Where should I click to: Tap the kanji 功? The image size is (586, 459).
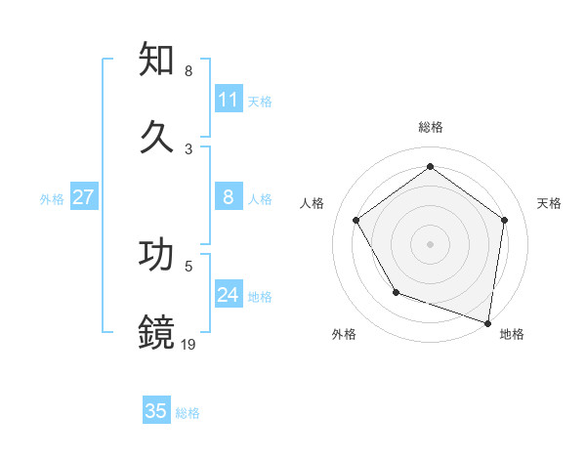[x=157, y=255]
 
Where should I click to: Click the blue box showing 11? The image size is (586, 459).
[x=229, y=100]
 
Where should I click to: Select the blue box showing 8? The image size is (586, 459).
[x=229, y=197]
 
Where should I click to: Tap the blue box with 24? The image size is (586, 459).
[x=229, y=295]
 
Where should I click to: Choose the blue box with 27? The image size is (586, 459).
[x=84, y=197]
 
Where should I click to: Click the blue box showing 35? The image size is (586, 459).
[x=156, y=411]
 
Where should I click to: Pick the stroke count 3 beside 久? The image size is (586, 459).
[x=188, y=148]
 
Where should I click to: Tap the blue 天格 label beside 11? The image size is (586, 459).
[x=260, y=101]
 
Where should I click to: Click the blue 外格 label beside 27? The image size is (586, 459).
[x=52, y=198]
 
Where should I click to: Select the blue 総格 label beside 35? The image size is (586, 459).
[x=188, y=412]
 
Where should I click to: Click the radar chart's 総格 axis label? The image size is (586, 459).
[x=430, y=127]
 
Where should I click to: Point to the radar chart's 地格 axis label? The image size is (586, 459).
[x=512, y=334]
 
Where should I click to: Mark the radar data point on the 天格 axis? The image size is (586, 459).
[x=504, y=220]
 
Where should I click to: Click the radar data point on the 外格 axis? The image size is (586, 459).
[x=396, y=292]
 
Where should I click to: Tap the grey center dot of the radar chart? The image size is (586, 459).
[x=430, y=243]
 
